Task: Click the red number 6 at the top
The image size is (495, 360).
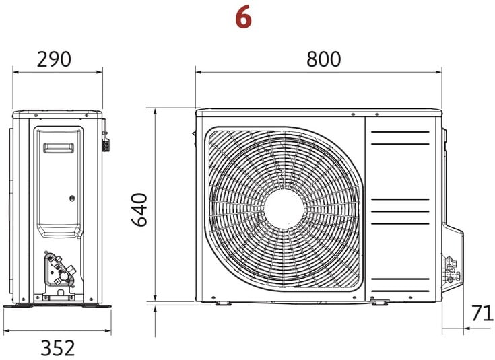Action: (x=243, y=17)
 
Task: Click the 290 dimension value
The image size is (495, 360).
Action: (x=54, y=59)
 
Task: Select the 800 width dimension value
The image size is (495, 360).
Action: (x=323, y=59)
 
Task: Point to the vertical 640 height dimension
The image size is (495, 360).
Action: (x=139, y=209)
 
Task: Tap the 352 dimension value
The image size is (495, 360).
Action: (x=58, y=348)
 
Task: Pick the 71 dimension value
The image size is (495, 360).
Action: (x=482, y=313)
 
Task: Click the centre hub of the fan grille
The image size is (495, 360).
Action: (x=284, y=209)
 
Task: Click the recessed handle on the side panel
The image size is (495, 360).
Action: (x=59, y=147)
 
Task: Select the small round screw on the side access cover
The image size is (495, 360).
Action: (x=72, y=199)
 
